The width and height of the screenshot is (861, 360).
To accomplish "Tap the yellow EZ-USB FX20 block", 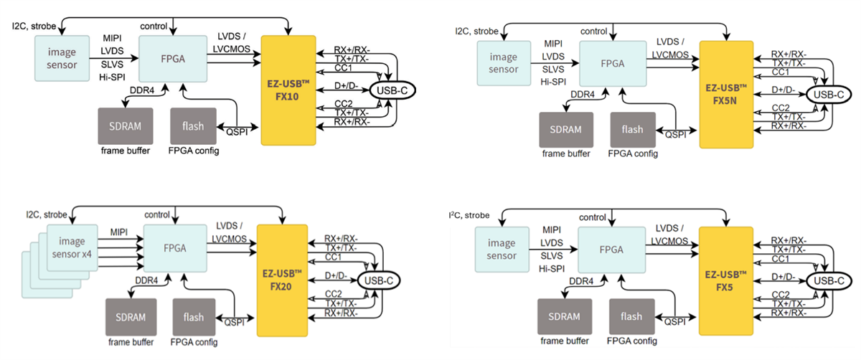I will [x=281, y=277].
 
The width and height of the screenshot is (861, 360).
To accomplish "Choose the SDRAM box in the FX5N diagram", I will [x=566, y=130].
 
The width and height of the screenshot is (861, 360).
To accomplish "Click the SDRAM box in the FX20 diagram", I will [x=130, y=316].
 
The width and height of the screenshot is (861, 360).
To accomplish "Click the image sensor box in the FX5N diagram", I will [x=503, y=62].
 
